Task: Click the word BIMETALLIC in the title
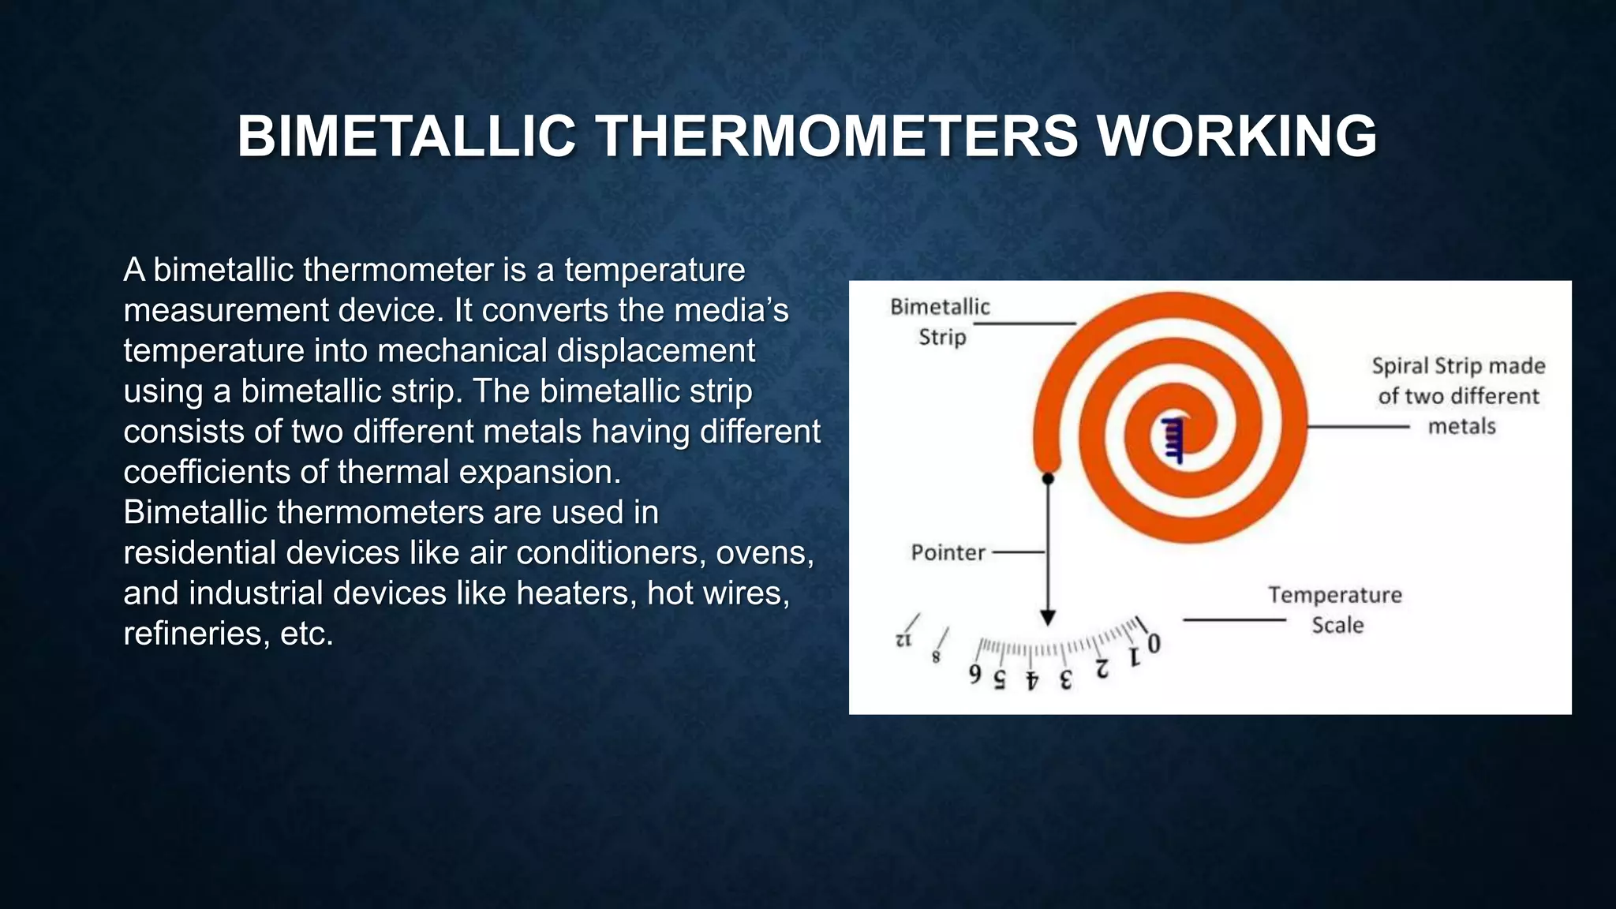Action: (x=406, y=136)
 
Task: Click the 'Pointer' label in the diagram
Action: (x=948, y=552)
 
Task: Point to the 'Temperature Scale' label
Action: (x=1335, y=609)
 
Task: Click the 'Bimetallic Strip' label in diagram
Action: (x=940, y=321)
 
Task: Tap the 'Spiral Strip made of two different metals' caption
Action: (x=1458, y=396)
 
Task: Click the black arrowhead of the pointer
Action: (x=1048, y=617)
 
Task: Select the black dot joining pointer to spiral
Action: (x=1048, y=478)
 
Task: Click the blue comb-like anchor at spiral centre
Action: (x=1173, y=440)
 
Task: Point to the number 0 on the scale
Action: (x=1154, y=644)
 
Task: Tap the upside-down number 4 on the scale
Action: (x=1031, y=680)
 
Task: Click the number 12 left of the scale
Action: (x=903, y=640)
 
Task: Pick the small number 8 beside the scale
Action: (x=937, y=656)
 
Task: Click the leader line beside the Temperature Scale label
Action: (x=1234, y=620)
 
